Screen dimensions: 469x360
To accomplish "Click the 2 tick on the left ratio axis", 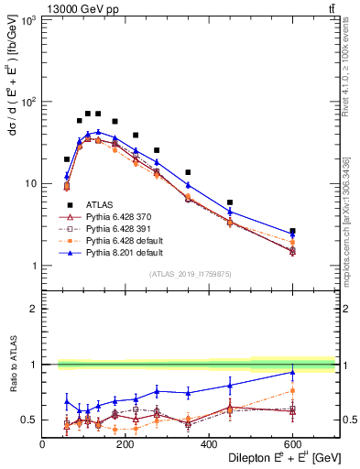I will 35,309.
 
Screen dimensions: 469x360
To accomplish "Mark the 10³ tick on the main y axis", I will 27,19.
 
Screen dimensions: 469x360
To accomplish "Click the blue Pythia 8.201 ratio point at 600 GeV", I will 292,372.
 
